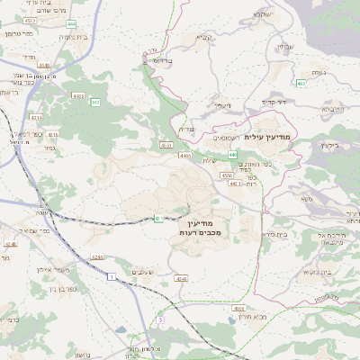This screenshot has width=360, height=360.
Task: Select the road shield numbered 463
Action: (x=301, y=84)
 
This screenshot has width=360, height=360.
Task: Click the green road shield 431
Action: (x=158, y=218)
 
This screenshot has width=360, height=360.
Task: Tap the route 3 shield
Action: (x=160, y=319)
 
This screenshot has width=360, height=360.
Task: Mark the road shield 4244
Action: (x=181, y=280)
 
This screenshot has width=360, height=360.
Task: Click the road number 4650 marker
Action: (x=166, y=144)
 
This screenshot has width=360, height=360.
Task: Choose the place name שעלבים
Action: (x=143, y=272)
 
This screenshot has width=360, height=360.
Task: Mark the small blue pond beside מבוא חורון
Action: (x=241, y=316)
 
